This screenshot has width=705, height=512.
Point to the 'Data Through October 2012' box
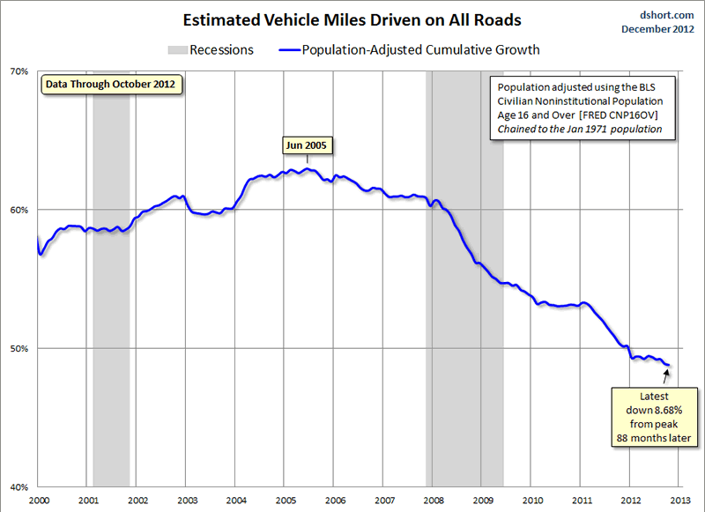click(x=110, y=85)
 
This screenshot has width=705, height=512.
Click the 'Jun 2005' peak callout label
click(x=308, y=145)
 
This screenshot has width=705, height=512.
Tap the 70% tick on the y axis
click(x=20, y=71)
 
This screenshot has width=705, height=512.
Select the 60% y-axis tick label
click(x=20, y=210)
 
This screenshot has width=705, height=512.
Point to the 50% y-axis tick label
click(x=20, y=348)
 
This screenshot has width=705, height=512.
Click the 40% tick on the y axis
click(x=20, y=486)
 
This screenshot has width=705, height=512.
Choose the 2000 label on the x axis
click(x=38, y=500)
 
